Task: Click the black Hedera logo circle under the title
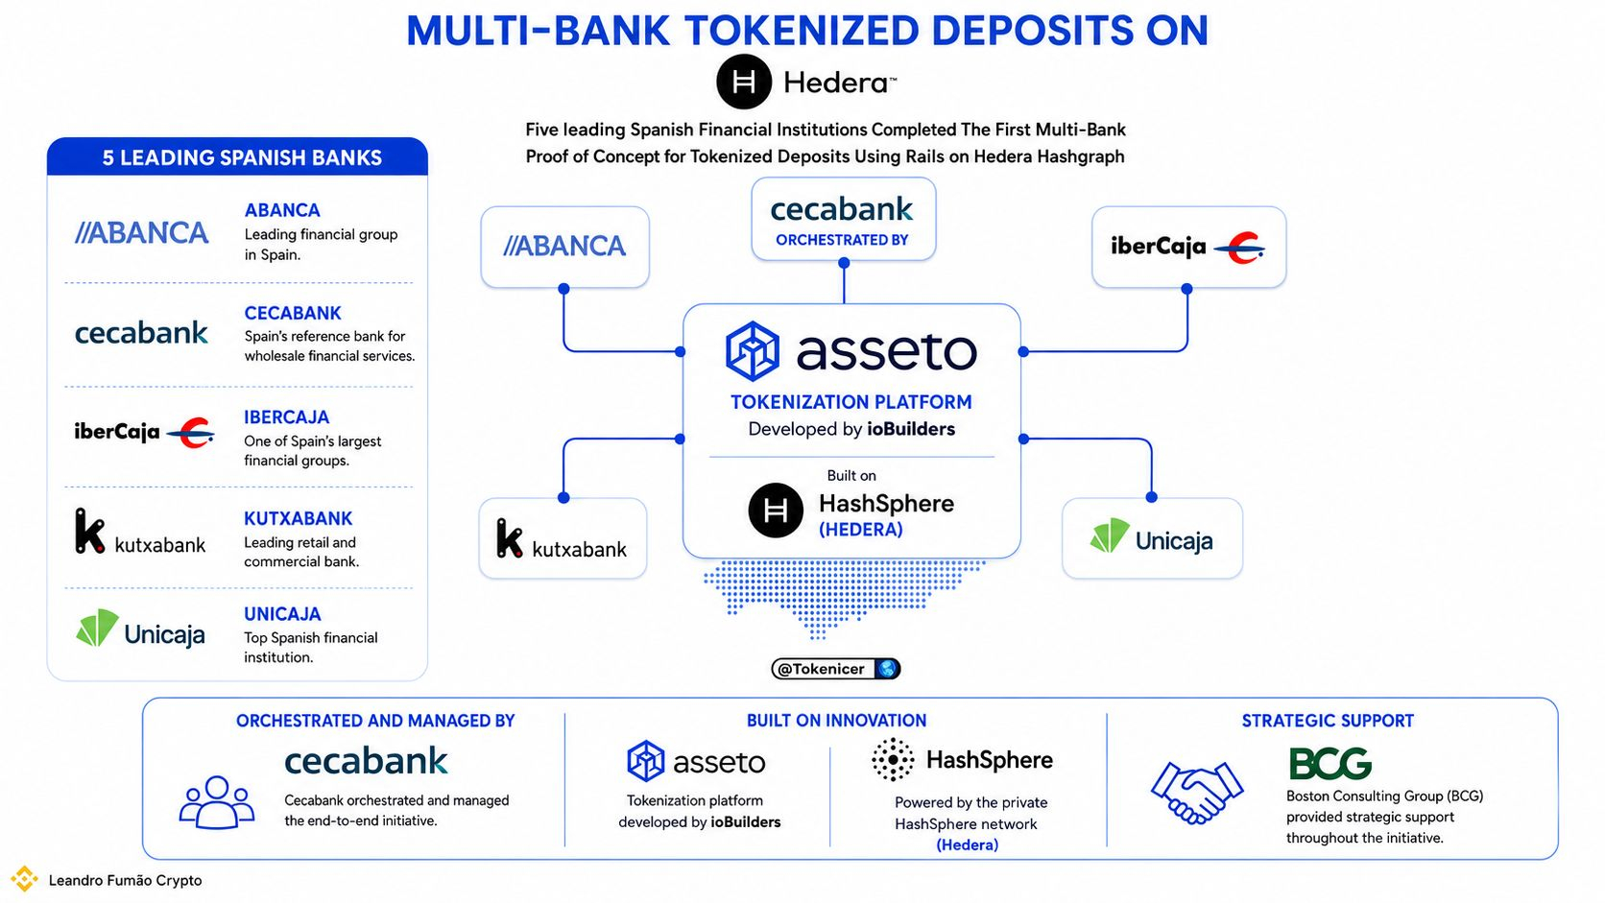click(x=744, y=82)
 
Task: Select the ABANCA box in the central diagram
click(x=564, y=247)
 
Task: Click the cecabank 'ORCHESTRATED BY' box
click(x=844, y=219)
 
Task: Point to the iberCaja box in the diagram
click(x=1188, y=247)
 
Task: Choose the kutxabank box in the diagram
click(x=563, y=538)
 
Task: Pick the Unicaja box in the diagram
click(x=1152, y=538)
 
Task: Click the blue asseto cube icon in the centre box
click(x=752, y=351)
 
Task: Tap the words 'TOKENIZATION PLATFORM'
click(x=851, y=402)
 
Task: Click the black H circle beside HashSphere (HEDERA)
click(x=776, y=511)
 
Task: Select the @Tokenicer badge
click(x=835, y=669)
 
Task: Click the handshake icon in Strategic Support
click(x=1197, y=792)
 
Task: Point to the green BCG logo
click(x=1330, y=763)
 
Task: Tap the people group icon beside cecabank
click(x=216, y=802)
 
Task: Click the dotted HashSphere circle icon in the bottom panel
click(x=893, y=759)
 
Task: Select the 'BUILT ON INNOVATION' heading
click(x=836, y=721)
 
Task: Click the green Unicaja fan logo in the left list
click(x=98, y=628)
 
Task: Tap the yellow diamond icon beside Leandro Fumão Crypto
click(x=24, y=879)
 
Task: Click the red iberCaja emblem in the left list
click(x=190, y=433)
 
